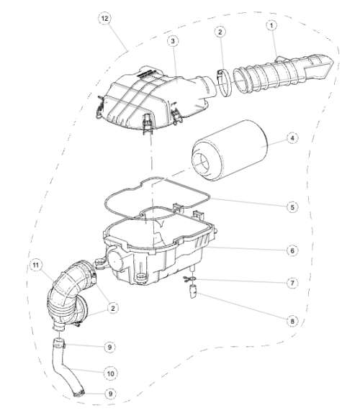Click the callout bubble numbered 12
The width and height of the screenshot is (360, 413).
[104, 19]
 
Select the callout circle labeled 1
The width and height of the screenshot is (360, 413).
[271, 25]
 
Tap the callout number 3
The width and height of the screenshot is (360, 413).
[173, 41]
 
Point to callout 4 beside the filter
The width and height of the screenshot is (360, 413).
[292, 138]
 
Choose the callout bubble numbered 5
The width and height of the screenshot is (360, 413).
[292, 207]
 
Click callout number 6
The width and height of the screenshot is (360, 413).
[292, 250]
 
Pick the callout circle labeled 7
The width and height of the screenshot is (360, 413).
[292, 283]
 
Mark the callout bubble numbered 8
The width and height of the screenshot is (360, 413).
[292, 321]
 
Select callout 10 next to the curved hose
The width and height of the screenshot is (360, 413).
[110, 373]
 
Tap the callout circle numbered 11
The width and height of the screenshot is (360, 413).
[36, 265]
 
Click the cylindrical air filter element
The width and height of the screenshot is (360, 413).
[229, 150]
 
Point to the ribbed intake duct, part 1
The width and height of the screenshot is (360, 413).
[282, 73]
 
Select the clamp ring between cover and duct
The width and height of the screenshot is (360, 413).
[224, 82]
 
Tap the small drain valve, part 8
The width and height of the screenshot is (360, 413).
[194, 291]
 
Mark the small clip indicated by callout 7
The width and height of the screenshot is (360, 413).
[190, 279]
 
